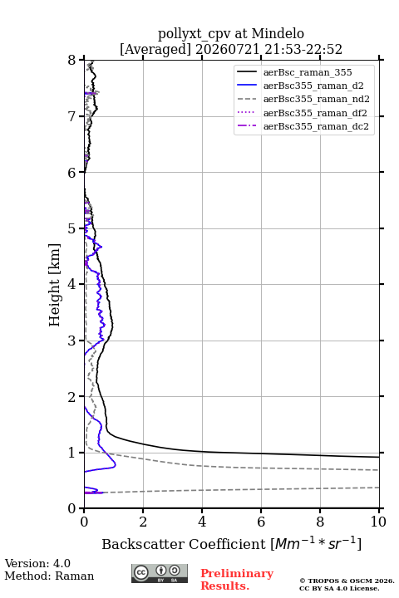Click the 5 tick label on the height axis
pos(72,229)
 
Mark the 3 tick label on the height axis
pos(72,341)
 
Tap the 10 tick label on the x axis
pos(378,522)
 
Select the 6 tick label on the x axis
pos(261,522)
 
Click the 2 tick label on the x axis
pos(143,522)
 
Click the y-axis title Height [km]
pos(55,285)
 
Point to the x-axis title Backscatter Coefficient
pos(184,544)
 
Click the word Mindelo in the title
pos(278,34)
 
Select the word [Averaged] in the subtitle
pos(155,50)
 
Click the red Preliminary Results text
pos(237,580)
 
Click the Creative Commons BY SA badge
pos(160,574)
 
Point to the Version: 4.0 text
pos(37,563)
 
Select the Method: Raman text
pos(49,576)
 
